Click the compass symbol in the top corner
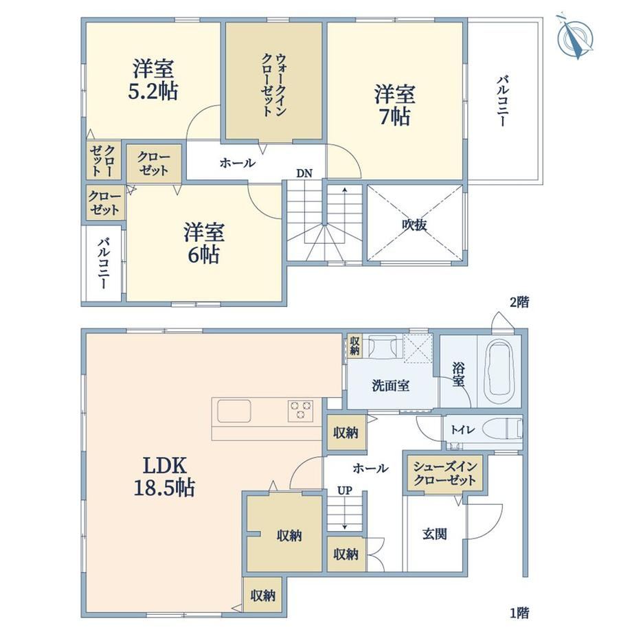575,37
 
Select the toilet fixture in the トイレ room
501,429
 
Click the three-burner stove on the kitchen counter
300,411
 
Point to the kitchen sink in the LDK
234,411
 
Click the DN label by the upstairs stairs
304,174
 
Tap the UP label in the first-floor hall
345,490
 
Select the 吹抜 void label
414,225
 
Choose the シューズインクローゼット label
445,473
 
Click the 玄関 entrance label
434,534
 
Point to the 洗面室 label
391,386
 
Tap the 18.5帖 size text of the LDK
164,488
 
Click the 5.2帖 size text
153,91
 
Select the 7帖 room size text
395,117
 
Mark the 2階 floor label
519,302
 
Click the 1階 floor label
519,613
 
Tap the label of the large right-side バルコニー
501,101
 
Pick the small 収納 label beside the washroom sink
354,346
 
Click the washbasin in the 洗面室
382,347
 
